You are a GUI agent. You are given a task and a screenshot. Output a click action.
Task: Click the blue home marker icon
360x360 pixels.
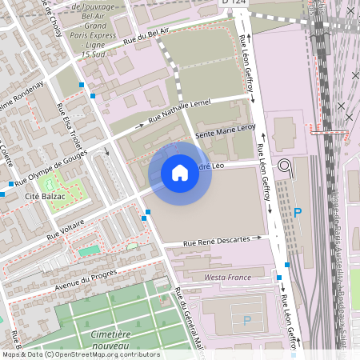[x=180, y=173]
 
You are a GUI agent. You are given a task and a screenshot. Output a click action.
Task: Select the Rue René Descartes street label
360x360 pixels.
[x=222, y=240]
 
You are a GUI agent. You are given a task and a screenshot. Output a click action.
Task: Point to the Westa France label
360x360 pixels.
[x=227, y=277]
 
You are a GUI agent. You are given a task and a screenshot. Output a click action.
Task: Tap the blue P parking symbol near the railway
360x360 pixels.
[x=298, y=213]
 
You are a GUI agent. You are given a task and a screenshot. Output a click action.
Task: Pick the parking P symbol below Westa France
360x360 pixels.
[x=246, y=320]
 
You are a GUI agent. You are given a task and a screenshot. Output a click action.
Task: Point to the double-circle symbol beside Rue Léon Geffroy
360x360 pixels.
[x=286, y=166]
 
